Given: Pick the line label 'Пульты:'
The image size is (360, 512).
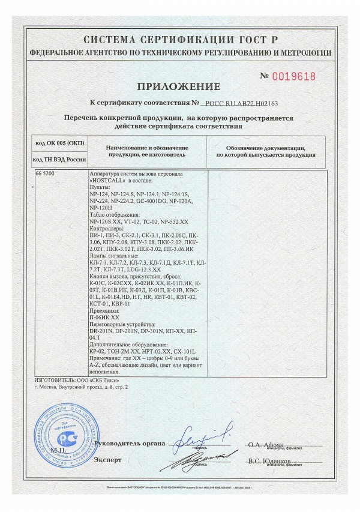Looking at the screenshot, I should (99, 188).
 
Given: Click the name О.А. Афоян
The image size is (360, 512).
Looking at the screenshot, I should (266, 445).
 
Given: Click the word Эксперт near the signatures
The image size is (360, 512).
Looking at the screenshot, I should (107, 460).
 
